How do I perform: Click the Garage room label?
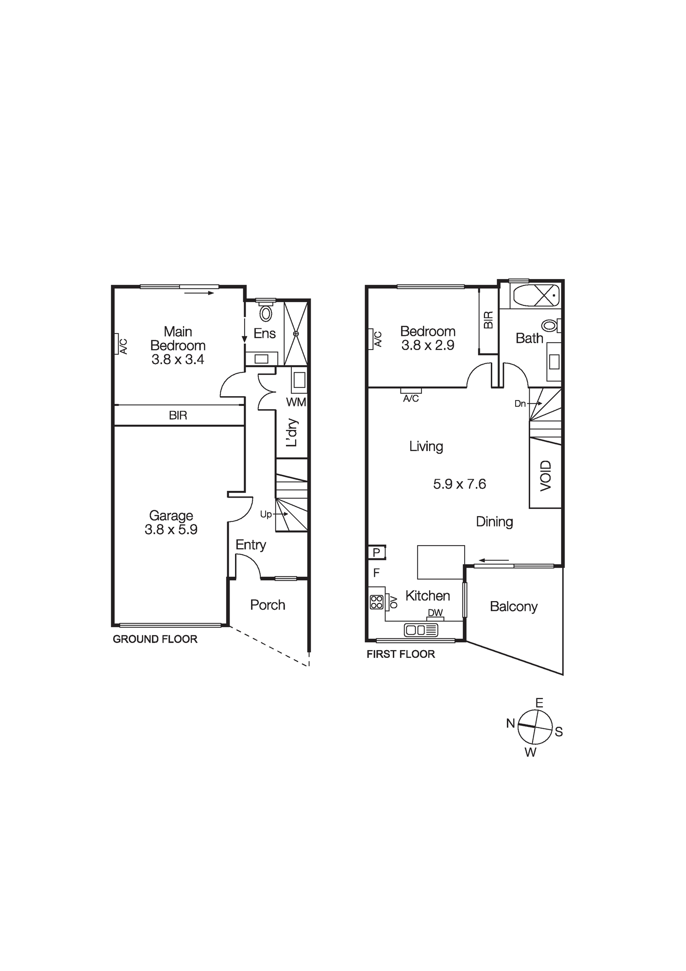(x=171, y=516)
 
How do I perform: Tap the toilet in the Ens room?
(x=266, y=313)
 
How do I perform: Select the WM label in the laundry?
(x=296, y=402)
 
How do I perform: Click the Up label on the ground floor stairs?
(x=266, y=515)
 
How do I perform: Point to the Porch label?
(x=268, y=605)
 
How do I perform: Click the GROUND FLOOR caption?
(x=155, y=639)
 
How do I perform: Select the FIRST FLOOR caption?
(x=401, y=654)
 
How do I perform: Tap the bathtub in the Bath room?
(x=536, y=295)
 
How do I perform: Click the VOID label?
(x=546, y=476)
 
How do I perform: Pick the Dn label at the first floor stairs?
(x=520, y=403)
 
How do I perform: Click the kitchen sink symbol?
(x=421, y=630)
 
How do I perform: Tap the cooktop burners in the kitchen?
(x=377, y=602)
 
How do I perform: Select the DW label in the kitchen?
(x=435, y=613)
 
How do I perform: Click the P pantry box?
(x=376, y=553)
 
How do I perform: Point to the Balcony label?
(x=514, y=606)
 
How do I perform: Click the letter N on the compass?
(x=510, y=723)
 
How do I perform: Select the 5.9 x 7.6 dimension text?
(x=459, y=484)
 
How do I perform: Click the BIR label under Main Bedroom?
(x=178, y=416)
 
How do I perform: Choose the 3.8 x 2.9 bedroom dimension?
(x=428, y=346)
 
